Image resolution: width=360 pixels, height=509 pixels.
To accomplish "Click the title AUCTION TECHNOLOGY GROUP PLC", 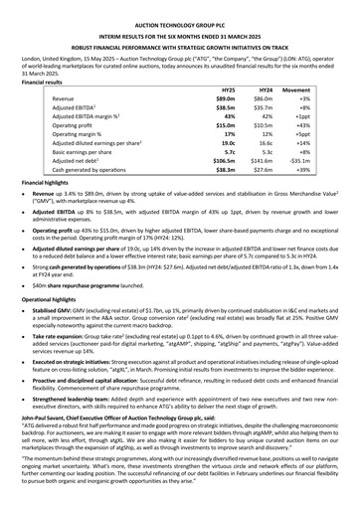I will tap(179, 9).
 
